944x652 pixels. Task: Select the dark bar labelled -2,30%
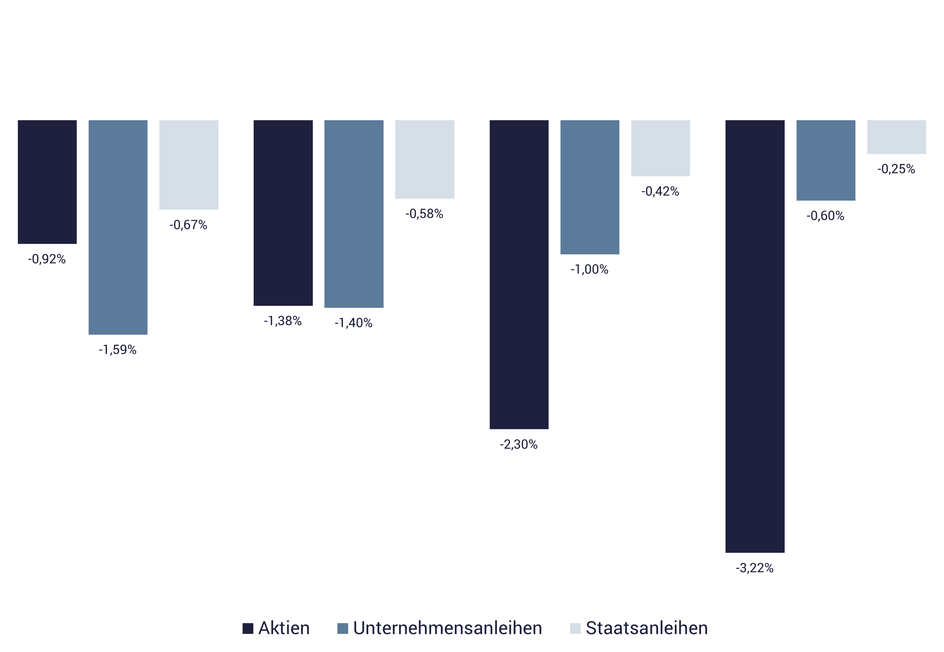pos(519,275)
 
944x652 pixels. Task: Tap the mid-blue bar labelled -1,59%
pos(118,227)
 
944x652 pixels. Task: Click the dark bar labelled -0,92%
pos(48,182)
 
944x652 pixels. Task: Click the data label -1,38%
pos(283,321)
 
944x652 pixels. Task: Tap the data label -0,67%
pos(189,225)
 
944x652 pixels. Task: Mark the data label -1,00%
pos(590,270)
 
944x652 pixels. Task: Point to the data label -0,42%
pos(660,191)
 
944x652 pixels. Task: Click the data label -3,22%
pos(755,568)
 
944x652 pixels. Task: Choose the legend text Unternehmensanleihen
pos(448,628)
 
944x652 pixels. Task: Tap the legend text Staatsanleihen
pos(647,628)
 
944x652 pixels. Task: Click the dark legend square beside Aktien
pos(248,628)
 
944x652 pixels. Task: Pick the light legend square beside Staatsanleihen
pos(575,628)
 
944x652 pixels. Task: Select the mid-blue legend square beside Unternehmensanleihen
pos(343,628)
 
